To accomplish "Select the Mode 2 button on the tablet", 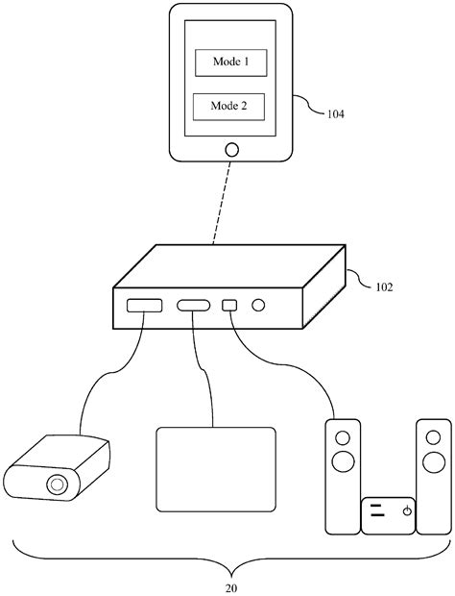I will point(229,106).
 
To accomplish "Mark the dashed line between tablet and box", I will point(221,202).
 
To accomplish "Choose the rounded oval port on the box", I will point(194,308).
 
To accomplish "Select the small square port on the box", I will point(229,307).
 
